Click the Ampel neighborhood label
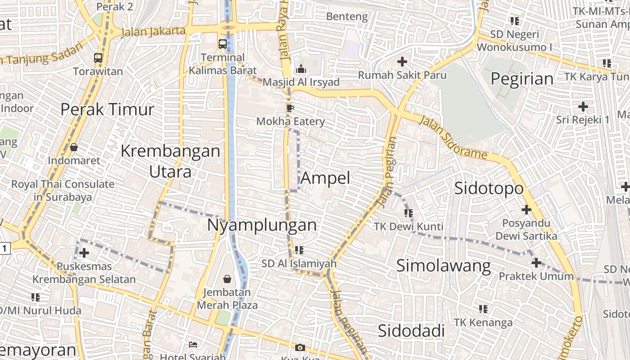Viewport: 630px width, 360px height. click(x=325, y=178)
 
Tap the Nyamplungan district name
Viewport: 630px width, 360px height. click(x=261, y=225)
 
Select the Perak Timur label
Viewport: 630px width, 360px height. click(x=107, y=109)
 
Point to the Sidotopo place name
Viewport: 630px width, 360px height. click(x=489, y=188)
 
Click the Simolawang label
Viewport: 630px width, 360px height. click(x=443, y=265)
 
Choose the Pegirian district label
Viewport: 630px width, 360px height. click(x=522, y=79)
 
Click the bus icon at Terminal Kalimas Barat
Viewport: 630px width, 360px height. click(x=223, y=44)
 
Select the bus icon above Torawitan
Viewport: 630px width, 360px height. click(x=98, y=58)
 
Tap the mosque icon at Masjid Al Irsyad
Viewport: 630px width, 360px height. click(x=301, y=69)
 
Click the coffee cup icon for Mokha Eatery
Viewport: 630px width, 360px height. click(x=290, y=108)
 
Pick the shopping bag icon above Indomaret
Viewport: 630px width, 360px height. click(x=74, y=147)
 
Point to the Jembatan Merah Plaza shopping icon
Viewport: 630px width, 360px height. click(x=227, y=279)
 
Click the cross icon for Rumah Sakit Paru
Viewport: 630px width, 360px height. click(x=402, y=62)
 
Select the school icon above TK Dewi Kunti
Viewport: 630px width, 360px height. click(x=408, y=213)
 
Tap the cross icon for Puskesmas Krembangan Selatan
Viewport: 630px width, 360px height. click(x=84, y=253)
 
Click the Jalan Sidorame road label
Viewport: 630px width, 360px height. click(x=454, y=138)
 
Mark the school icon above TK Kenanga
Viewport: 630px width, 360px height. click(x=483, y=309)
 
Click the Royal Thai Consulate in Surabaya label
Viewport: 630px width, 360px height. click(x=63, y=190)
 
